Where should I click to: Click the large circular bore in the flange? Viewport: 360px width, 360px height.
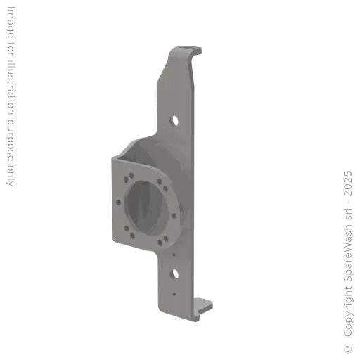click(148, 205)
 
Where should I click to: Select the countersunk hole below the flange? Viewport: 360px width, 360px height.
click(174, 274)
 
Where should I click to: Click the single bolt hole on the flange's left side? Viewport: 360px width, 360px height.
click(118, 202)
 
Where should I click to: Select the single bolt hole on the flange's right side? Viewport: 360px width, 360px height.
click(174, 216)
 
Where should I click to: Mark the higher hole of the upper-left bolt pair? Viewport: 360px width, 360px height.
click(131, 175)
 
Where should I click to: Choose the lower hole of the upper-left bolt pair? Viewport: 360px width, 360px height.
click(126, 179)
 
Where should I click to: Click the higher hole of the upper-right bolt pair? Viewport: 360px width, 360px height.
click(160, 181)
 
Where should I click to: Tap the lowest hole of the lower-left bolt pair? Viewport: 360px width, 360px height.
click(132, 236)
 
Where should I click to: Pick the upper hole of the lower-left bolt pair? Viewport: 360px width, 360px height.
click(127, 229)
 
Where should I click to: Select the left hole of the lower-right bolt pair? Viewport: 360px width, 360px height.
click(160, 243)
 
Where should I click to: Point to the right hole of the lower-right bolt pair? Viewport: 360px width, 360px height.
click(166, 238)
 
